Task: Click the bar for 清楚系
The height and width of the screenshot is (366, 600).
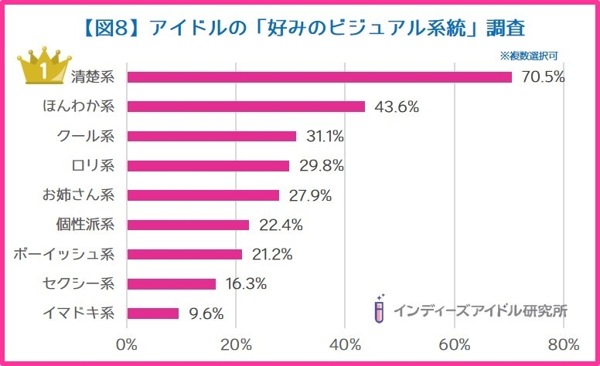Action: [319, 77]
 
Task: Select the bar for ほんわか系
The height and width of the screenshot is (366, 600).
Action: [245, 107]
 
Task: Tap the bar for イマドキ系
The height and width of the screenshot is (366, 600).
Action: [152, 313]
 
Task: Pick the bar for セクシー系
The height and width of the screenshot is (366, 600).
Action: [171, 284]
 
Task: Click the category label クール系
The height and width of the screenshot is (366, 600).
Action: [86, 136]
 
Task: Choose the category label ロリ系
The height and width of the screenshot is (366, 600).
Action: [92, 165]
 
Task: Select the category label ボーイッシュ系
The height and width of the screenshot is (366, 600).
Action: [64, 254]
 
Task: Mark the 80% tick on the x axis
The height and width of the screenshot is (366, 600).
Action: [564, 344]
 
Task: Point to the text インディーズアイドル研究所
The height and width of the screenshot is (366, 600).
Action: [480, 311]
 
